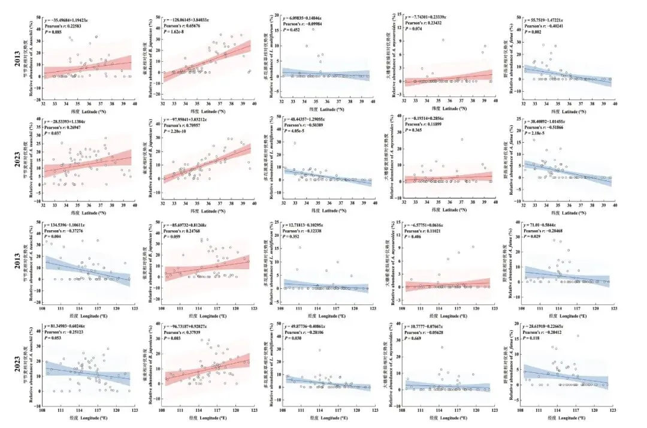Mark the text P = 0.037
[x=52, y=132]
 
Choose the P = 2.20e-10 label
[x=174, y=132]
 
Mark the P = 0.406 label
[x=413, y=237]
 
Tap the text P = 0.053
[x=53, y=339]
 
